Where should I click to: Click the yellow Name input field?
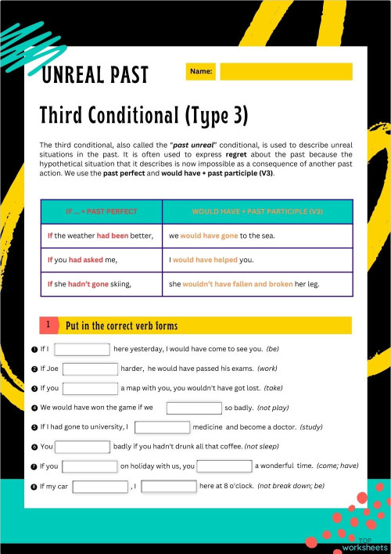(x=286, y=72)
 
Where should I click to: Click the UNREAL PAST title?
(x=95, y=75)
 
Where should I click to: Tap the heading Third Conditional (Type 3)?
(x=144, y=116)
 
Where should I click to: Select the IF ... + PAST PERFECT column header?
(x=102, y=211)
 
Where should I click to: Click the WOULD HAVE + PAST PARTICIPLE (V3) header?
(x=257, y=211)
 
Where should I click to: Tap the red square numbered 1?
(x=48, y=324)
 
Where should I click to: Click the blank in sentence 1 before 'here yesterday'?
(x=81, y=349)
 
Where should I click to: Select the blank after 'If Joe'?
(x=90, y=369)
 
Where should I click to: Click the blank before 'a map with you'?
(x=90, y=388)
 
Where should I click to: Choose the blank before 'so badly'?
(x=194, y=408)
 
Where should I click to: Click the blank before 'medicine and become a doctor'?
(x=163, y=427)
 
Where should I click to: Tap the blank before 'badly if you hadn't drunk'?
(x=82, y=447)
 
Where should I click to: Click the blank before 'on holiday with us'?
(x=89, y=466)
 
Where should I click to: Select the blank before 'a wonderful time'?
(x=224, y=466)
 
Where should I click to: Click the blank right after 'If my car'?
(x=99, y=486)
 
